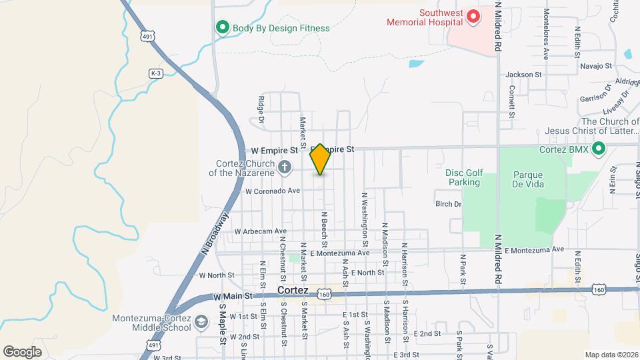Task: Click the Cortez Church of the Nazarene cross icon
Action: point(285,167)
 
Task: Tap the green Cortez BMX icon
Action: point(599,149)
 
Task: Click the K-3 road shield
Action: point(156,73)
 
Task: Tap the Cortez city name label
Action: point(293,291)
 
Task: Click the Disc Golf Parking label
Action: point(464,177)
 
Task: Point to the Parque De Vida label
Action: point(529,179)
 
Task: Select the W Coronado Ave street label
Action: point(273,191)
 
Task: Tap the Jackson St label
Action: point(524,74)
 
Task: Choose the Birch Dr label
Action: point(448,203)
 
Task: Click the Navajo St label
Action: point(596,65)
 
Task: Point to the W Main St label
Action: point(232,295)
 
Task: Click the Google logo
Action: point(23,351)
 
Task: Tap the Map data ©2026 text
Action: point(611,355)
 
